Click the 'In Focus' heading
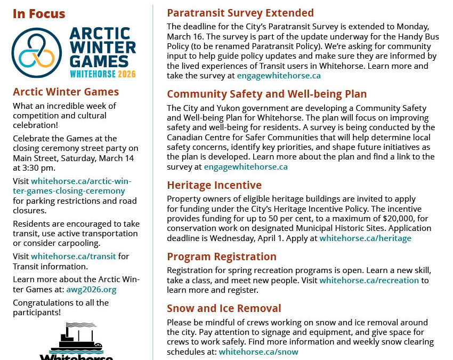coord(39,14)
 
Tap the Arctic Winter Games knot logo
coord(37,53)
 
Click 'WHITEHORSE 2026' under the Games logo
coord(102,74)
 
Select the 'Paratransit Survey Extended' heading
coord(240,13)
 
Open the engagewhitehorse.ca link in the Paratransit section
coord(279,76)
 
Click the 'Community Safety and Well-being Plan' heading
coord(266,94)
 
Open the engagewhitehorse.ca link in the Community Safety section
coord(246,166)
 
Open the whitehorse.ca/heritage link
coord(365,238)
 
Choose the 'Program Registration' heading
coord(222,257)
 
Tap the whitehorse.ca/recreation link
coord(369,280)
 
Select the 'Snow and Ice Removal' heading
coord(224,308)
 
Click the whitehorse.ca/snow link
coord(258,351)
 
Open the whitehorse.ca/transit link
coord(74,256)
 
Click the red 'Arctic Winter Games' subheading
coord(66,92)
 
